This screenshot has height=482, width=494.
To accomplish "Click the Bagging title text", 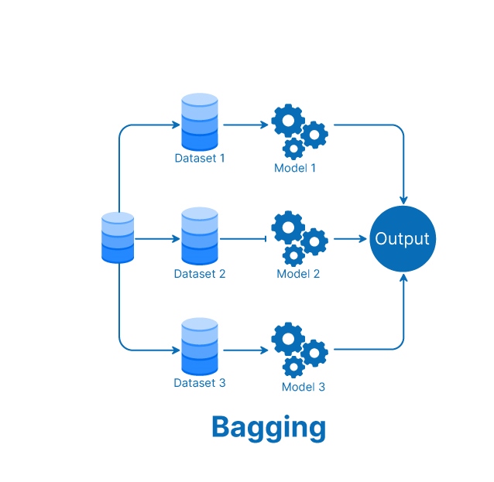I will [x=268, y=428].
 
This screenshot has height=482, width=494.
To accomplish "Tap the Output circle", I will [x=402, y=238].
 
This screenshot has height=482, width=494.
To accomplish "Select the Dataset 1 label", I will [x=200, y=158].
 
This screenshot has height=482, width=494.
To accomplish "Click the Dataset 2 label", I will [x=200, y=274].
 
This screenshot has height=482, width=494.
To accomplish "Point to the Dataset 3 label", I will [x=200, y=382].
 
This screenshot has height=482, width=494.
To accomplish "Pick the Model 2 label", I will [x=299, y=274].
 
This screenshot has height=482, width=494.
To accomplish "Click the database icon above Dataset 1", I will [x=200, y=121].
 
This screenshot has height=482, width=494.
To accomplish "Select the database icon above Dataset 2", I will [x=200, y=236].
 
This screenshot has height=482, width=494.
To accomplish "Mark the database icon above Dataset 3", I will [x=200, y=347].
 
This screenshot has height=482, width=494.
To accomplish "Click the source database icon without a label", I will [x=118, y=238].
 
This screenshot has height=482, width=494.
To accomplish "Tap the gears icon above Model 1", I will [x=299, y=130].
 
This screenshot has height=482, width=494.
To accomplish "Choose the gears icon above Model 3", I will [x=299, y=349].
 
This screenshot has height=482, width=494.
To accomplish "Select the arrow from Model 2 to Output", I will [x=349, y=239].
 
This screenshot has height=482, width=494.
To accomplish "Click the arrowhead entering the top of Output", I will [x=403, y=200].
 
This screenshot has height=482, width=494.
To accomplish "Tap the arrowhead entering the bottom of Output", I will [x=403, y=278].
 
